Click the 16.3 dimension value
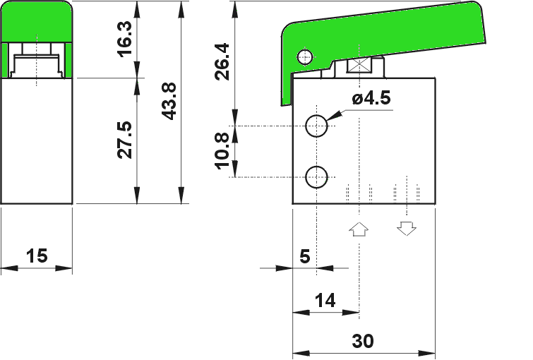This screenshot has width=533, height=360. click(x=124, y=39)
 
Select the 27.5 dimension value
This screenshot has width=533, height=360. click(x=124, y=140)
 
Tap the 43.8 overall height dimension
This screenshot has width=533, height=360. click(x=169, y=101)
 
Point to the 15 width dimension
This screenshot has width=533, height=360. click(x=37, y=256)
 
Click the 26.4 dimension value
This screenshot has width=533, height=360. click(x=222, y=61)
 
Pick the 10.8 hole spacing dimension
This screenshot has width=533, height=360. click(x=222, y=151)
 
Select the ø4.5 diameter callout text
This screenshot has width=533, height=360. click(x=371, y=99)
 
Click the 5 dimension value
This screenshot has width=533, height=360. click(x=305, y=256)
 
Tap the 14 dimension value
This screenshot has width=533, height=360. click(x=325, y=301)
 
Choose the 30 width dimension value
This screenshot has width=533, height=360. click(x=363, y=341)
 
